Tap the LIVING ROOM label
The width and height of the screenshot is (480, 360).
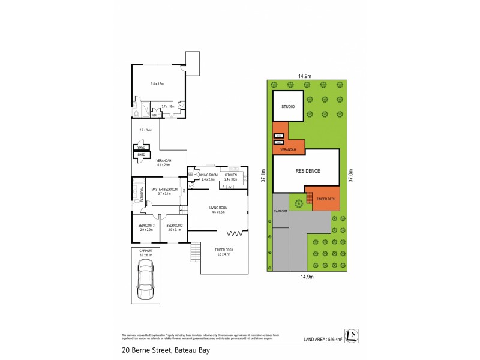coord(218,209)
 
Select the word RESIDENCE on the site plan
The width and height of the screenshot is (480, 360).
coord(308,171)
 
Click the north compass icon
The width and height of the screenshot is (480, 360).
coord(352,335)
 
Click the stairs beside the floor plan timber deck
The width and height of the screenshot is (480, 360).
coord(196,252)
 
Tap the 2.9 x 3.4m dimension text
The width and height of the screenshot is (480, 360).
coord(146,130)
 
